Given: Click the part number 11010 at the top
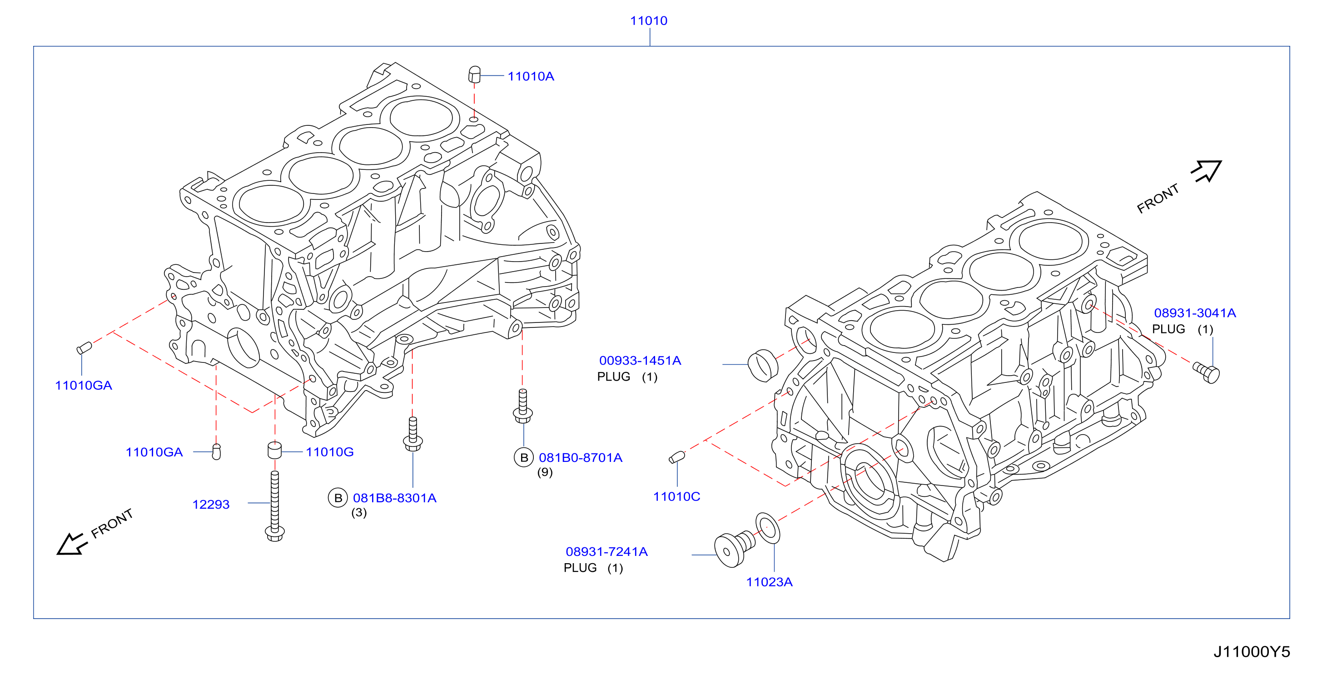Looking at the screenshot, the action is (648, 21).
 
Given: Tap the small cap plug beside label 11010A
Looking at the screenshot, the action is (474, 74).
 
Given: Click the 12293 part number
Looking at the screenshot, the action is (210, 504).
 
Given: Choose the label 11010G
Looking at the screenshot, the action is (329, 451).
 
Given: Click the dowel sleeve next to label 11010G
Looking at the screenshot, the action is (274, 451).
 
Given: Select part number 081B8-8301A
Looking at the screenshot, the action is (394, 498).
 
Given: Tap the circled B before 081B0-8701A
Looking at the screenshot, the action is (523, 457).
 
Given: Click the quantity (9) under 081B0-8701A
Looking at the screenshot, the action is (545, 472).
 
